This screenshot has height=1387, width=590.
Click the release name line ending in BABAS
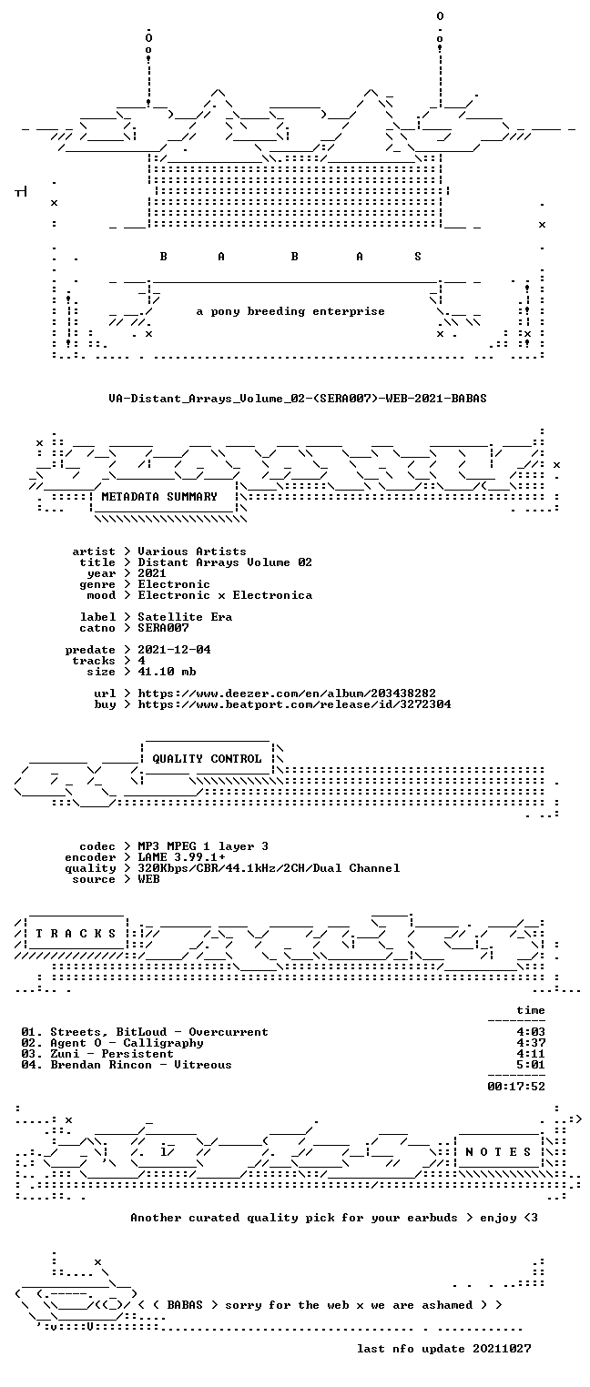click(298, 399)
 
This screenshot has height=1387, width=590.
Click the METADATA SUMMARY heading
click(159, 497)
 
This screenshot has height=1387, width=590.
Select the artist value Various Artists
click(192, 552)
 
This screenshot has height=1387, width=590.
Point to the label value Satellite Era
click(185, 617)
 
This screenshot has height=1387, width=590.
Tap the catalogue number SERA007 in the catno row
click(163, 628)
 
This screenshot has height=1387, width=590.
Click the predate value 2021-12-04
click(174, 650)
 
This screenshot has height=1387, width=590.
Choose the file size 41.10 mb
click(167, 672)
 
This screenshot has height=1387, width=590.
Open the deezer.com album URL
click(287, 693)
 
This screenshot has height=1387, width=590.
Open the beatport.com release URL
click(294, 704)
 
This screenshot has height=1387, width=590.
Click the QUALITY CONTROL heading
click(207, 759)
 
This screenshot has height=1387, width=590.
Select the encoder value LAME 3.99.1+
click(181, 857)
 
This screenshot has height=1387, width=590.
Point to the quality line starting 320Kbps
click(269, 868)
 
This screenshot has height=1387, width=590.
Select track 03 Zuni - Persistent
click(97, 1054)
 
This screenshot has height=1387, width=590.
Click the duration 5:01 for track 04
click(531, 1065)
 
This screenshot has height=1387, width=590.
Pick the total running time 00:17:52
click(516, 1086)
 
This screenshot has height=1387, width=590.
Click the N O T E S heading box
click(498, 1151)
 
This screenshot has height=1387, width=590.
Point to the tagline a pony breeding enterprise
click(290, 311)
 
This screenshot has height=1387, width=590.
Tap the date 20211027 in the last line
click(502, 1349)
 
